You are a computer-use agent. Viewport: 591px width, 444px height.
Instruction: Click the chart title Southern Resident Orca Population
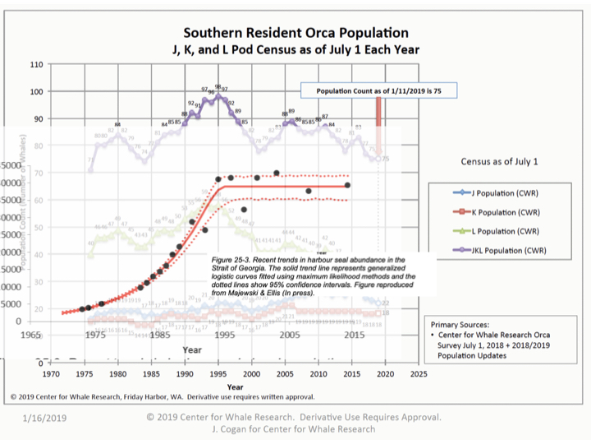[x=295, y=34]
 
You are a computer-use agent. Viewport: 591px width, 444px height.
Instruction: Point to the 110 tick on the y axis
[x=37, y=64]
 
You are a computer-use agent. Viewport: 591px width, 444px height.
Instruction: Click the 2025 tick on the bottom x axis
[x=418, y=374]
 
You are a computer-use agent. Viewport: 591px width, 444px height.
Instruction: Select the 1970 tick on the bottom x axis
[x=52, y=374]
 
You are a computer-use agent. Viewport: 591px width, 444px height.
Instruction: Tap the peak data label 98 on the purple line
[x=218, y=86]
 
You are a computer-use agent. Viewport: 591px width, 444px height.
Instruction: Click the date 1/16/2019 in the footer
[x=44, y=418]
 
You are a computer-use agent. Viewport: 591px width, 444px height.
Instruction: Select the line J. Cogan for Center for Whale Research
[x=294, y=428]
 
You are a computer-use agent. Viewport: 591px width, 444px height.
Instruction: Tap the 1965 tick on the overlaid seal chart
[x=31, y=335]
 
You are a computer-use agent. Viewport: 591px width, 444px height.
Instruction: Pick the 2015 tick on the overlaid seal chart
[x=355, y=335]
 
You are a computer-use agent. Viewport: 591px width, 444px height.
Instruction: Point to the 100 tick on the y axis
[x=37, y=91]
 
